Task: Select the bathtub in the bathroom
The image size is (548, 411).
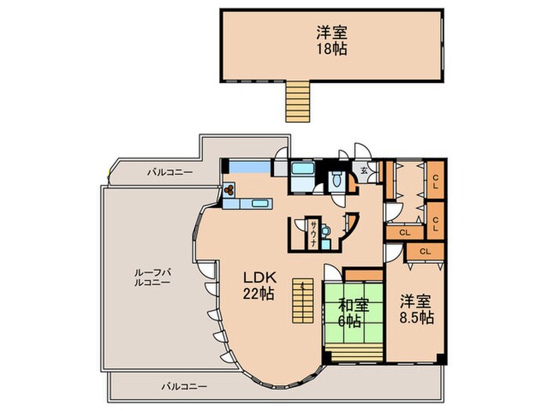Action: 301,170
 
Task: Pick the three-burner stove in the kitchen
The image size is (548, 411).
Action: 229,189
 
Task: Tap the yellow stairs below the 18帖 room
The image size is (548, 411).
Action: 297,101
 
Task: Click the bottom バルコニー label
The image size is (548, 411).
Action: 184,387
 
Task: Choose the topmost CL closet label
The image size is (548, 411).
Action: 434,178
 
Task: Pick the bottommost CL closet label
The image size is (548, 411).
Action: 425,251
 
